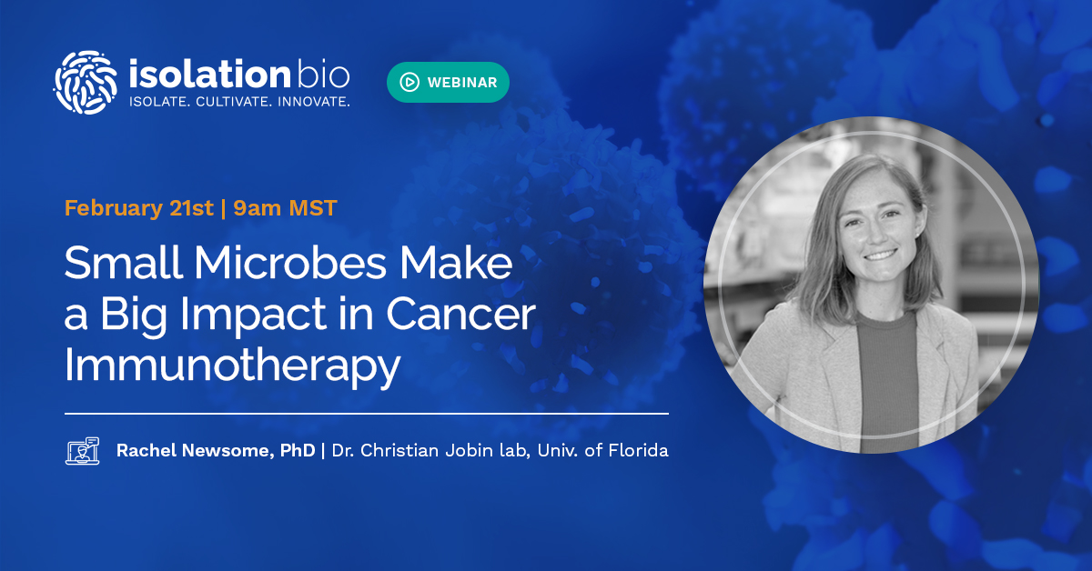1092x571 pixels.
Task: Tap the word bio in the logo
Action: point(322,74)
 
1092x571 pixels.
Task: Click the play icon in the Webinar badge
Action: point(409,82)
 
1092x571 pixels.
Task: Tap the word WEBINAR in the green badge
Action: point(462,82)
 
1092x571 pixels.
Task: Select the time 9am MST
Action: point(286,207)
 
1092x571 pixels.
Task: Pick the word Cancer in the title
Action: point(460,315)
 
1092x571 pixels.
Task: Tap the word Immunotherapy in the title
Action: point(232,366)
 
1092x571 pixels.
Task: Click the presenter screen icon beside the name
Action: point(83,451)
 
